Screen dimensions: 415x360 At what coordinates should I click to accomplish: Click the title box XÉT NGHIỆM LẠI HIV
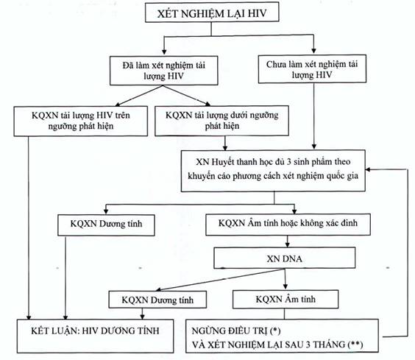[x=212, y=12]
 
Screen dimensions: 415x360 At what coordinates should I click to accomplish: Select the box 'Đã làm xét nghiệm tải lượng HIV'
[x=164, y=71]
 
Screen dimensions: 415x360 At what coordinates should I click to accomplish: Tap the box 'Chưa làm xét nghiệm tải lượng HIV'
[x=312, y=69]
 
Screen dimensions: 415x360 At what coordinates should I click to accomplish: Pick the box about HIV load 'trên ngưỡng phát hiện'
[x=81, y=121]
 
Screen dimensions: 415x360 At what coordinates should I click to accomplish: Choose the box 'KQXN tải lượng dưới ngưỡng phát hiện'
[x=221, y=121]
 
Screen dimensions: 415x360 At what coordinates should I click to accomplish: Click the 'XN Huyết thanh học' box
[x=273, y=171]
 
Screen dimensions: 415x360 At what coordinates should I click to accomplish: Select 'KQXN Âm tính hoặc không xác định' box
[x=288, y=225]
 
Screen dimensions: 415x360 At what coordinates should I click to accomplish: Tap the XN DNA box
[x=285, y=258]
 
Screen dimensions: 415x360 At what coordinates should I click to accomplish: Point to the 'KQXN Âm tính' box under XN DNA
[x=285, y=300]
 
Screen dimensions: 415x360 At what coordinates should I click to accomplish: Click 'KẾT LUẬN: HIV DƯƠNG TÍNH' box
[x=95, y=336]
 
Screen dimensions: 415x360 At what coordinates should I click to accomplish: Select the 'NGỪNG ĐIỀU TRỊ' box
[x=282, y=336]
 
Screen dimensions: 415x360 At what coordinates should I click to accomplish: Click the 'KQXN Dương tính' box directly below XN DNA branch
[x=157, y=300]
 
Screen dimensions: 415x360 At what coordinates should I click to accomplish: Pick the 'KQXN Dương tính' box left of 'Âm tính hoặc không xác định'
[x=106, y=225]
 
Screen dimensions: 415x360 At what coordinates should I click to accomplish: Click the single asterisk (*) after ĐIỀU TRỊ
[x=276, y=331]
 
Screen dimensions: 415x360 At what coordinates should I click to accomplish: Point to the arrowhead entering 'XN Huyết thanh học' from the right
[x=368, y=169]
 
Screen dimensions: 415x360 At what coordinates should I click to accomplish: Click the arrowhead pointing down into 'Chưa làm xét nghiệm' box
[x=314, y=51]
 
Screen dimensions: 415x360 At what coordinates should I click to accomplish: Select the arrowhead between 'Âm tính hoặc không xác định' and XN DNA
[x=288, y=244]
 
